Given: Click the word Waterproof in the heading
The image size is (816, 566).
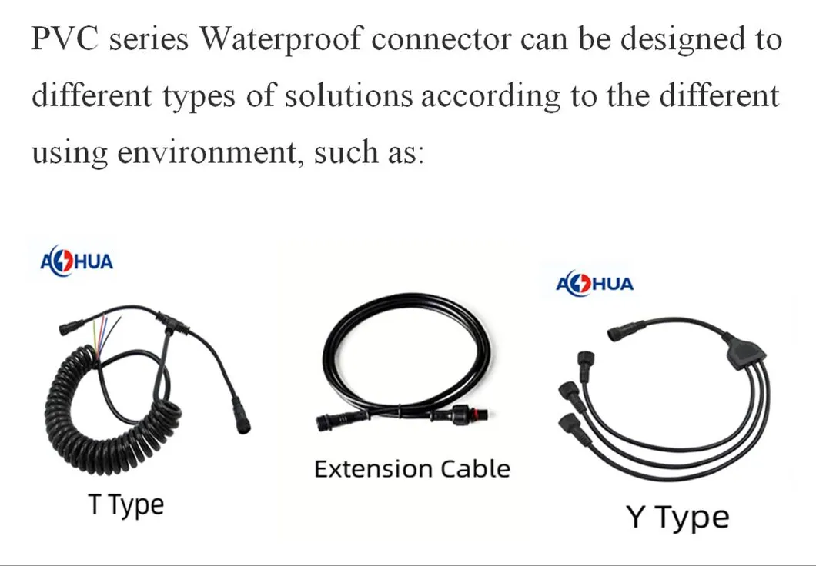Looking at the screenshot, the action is (x=280, y=39).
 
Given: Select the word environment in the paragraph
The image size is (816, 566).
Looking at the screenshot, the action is (x=211, y=151).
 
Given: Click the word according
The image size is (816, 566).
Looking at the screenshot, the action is (x=490, y=97).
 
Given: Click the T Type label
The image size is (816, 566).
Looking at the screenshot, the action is (x=126, y=504).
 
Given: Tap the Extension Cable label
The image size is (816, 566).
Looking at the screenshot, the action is (x=412, y=469).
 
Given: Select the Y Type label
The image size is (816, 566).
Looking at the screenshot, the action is (x=677, y=517).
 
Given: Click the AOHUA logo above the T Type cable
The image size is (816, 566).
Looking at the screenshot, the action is (x=76, y=261).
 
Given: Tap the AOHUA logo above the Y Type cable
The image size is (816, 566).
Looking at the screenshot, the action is (x=595, y=284).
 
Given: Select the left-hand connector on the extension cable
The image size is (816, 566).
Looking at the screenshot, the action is (x=339, y=419).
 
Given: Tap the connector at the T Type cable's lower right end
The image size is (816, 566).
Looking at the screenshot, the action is (x=241, y=415).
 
